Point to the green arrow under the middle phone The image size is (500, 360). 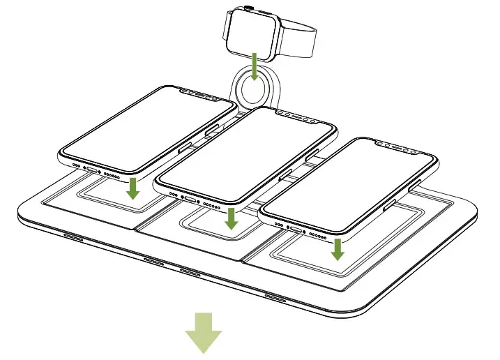click(232, 218)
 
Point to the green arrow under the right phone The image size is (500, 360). click(338, 249)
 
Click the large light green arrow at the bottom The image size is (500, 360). click(204, 333)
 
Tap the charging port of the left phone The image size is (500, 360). click(91, 169)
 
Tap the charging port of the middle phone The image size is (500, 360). click(190, 200)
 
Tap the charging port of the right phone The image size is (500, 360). click(296, 230)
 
